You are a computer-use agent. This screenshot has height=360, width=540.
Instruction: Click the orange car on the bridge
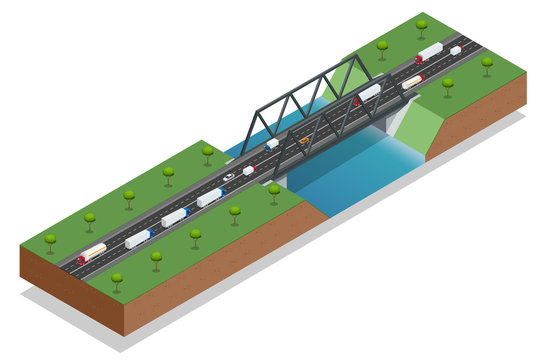point(303,140)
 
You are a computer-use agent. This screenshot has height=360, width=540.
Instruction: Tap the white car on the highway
point(229,177)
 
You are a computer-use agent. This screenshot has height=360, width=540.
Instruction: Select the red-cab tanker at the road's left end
point(92,253)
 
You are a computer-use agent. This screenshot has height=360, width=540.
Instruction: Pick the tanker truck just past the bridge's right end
point(412,82)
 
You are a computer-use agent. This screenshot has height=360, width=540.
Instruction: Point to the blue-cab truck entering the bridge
point(271,144)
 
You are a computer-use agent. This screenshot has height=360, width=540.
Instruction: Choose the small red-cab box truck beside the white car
point(248,171)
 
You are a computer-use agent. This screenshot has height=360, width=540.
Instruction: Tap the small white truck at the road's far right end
point(456,50)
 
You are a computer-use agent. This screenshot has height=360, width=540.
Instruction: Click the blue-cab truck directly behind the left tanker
point(138,238)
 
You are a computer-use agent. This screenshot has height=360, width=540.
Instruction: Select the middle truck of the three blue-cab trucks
point(174,217)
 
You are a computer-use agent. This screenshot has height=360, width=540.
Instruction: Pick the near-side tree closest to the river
point(274,190)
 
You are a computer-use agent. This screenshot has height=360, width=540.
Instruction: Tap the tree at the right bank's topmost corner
point(421,25)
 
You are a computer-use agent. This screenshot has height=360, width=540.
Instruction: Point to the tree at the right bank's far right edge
point(487,63)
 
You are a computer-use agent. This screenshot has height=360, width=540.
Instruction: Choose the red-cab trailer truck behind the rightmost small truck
point(429,52)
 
